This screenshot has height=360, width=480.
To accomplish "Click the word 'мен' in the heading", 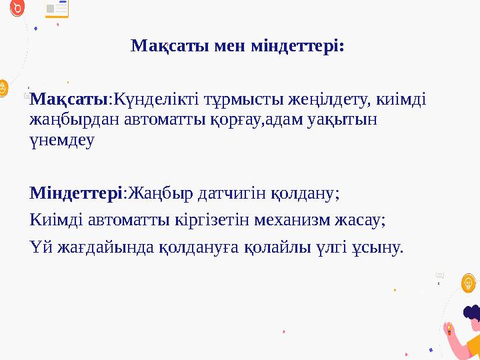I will tap(229, 47).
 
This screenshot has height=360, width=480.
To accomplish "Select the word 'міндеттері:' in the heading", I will tap(297, 47).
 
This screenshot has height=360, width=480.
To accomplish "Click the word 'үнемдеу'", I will tap(62, 141).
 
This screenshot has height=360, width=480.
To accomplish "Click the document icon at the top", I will tap(57, 9).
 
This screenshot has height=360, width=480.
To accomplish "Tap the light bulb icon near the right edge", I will tap(469, 284).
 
